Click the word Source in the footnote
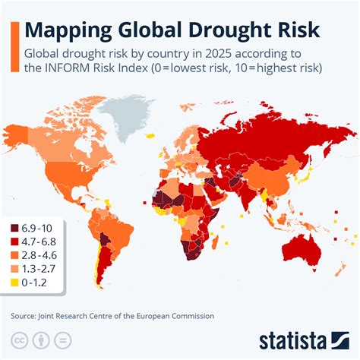(24, 315)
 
